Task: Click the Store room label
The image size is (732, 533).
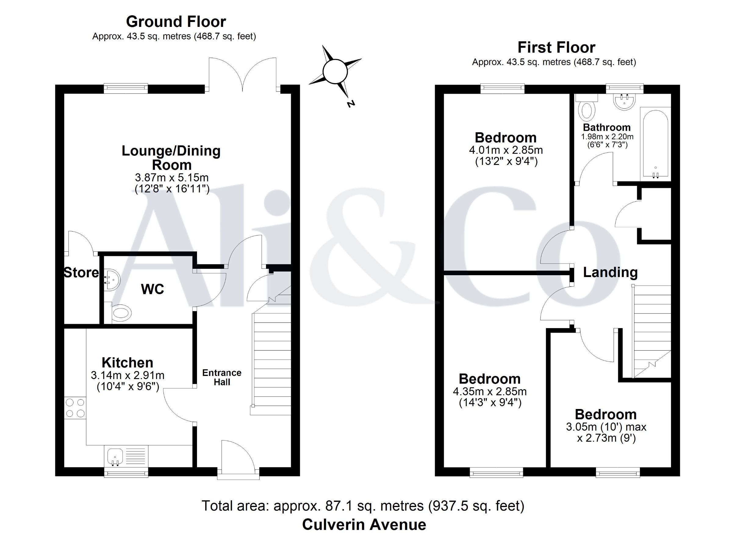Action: pyautogui.click(x=81, y=273)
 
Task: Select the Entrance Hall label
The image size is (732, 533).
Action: pyautogui.click(x=222, y=378)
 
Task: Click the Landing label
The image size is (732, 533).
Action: pyautogui.click(x=610, y=272)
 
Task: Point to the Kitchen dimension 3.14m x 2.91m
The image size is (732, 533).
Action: pyautogui.click(x=128, y=375)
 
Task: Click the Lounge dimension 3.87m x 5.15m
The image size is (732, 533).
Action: pyautogui.click(x=172, y=177)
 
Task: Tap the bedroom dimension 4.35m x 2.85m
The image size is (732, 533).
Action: pyautogui.click(x=490, y=392)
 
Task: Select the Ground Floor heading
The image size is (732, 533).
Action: pyautogui.click(x=176, y=22)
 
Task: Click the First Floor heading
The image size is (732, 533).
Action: pyautogui.click(x=556, y=48)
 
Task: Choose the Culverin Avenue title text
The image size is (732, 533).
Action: pyautogui.click(x=364, y=524)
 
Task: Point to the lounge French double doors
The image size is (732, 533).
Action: pyautogui.click(x=243, y=74)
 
